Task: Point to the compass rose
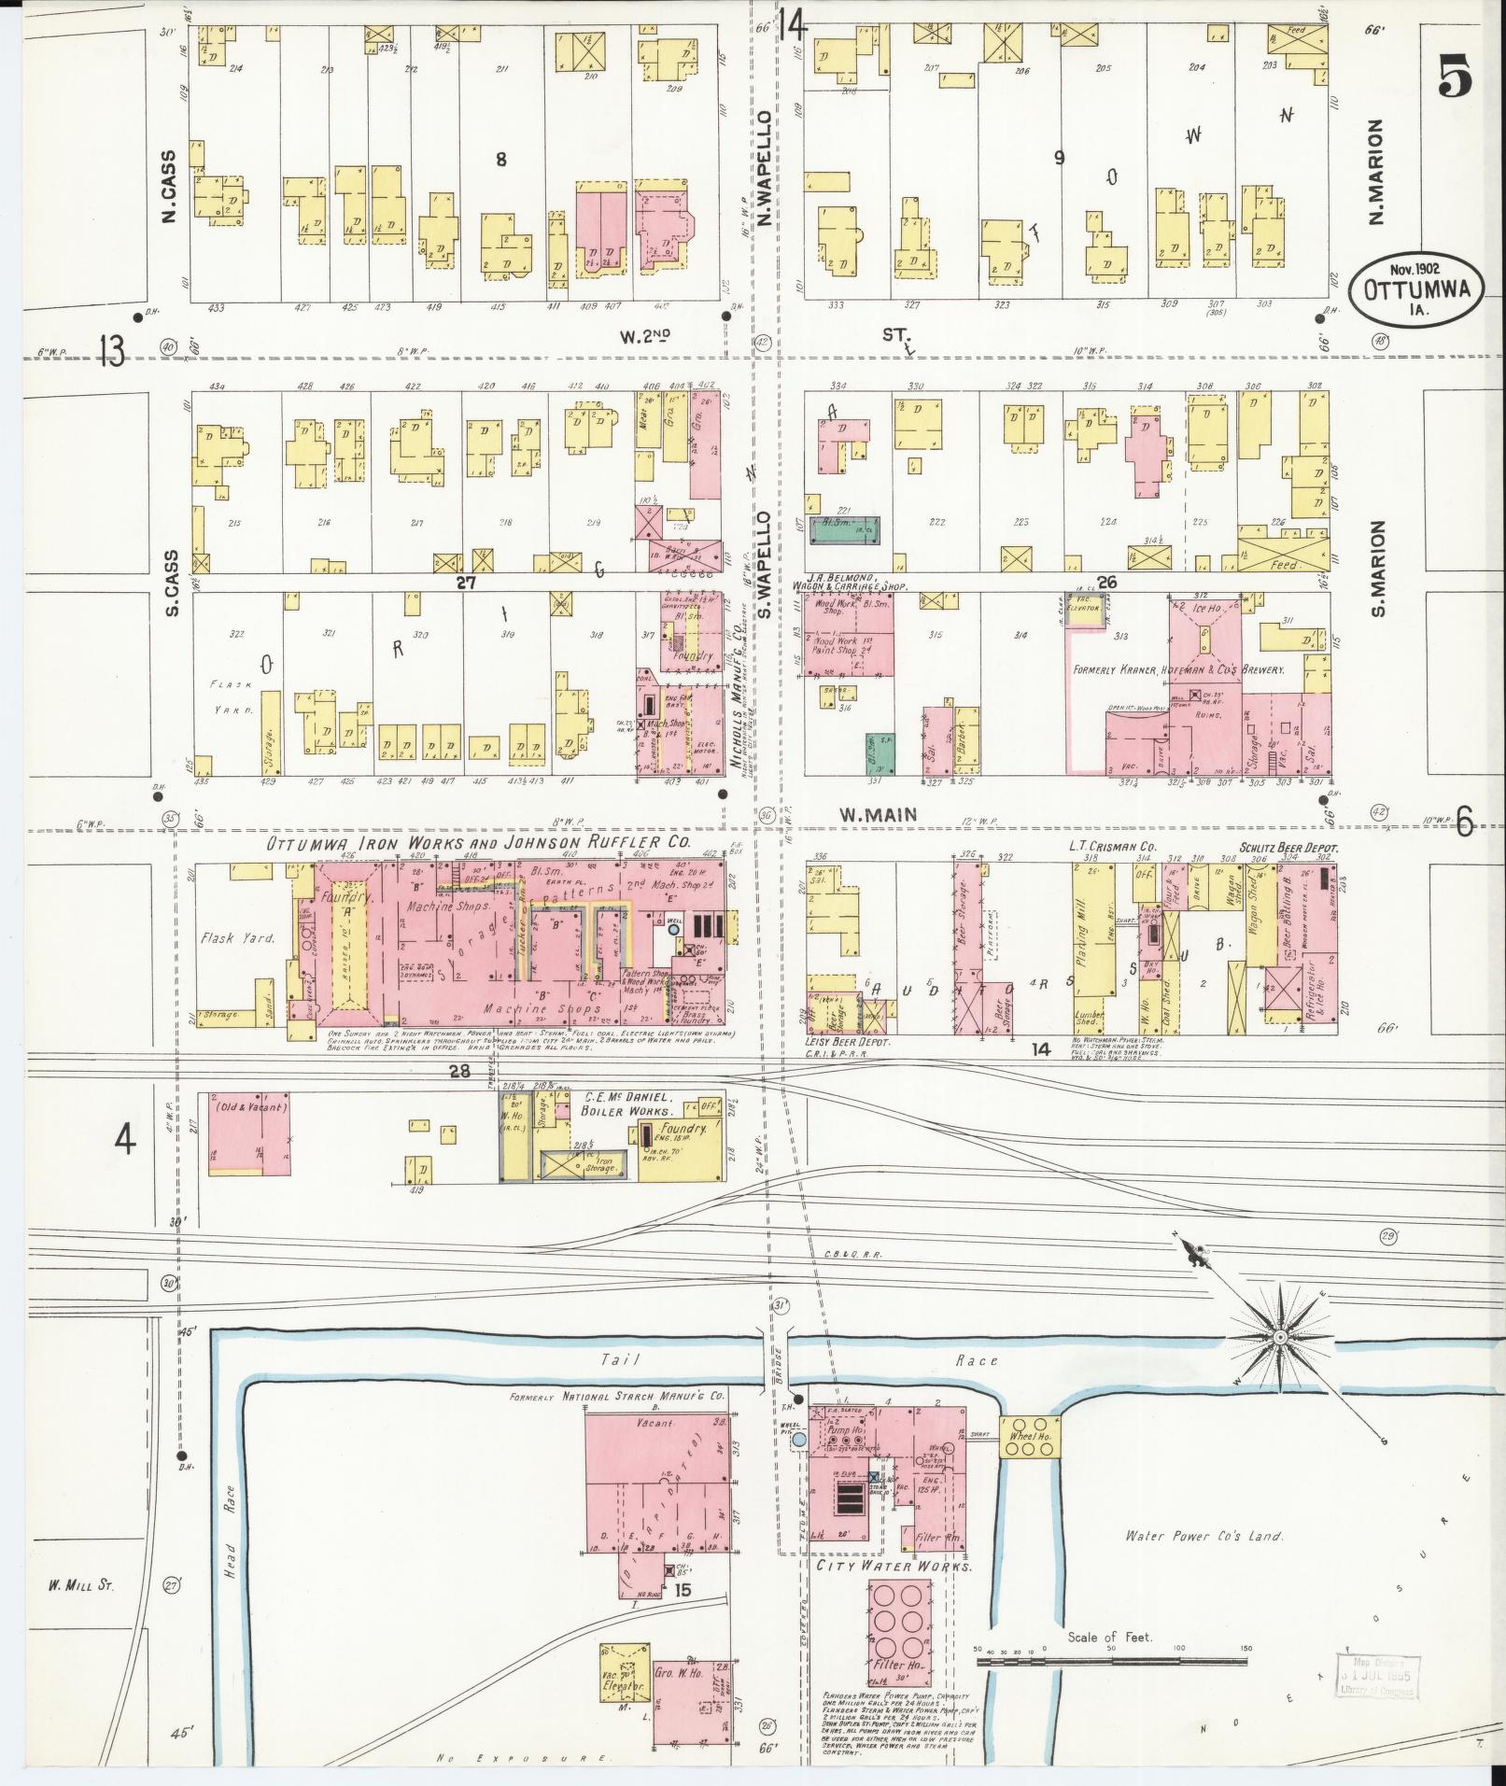click(1280, 1338)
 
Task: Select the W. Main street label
click(877, 815)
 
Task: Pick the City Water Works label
click(894, 1566)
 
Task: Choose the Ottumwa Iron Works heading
click(478, 843)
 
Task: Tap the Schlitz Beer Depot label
click(1289, 848)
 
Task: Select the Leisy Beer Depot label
click(847, 1041)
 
